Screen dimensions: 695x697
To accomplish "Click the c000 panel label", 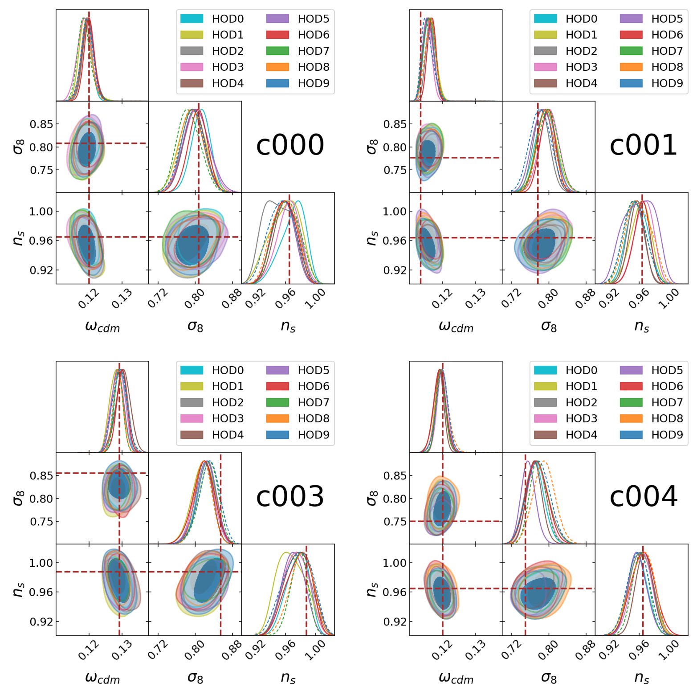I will pyautogui.click(x=289, y=145).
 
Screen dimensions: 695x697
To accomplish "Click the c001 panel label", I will pyautogui.click(x=643, y=145).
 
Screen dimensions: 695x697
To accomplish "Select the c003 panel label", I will pyautogui.click(x=289, y=497).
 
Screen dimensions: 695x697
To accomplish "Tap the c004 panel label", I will pyautogui.click(x=643, y=497).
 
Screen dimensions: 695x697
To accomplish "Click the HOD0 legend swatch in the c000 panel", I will pyautogui.click(x=192, y=19).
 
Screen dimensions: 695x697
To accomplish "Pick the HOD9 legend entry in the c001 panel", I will pyautogui.click(x=666, y=83).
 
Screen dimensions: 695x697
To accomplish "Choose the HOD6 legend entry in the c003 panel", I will pyautogui.click(x=313, y=386).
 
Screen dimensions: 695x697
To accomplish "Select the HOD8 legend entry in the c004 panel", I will pyautogui.click(x=666, y=418).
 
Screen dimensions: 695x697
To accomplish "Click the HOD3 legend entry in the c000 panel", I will pyautogui.click(x=228, y=67).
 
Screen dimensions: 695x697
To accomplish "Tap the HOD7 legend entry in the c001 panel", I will pyautogui.click(x=666, y=51).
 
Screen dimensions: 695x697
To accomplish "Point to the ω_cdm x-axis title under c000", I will pyautogui.click(x=102, y=327).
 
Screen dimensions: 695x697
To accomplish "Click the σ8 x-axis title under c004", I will pyautogui.click(x=549, y=678).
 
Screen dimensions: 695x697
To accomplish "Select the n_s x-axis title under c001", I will pyautogui.click(x=641, y=327).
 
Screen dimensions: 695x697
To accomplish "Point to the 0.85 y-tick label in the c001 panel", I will pyautogui.click(x=395, y=124).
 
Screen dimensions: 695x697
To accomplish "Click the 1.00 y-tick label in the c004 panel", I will pyautogui.click(x=395, y=563).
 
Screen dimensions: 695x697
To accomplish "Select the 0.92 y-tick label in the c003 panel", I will pyautogui.click(x=41, y=622).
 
